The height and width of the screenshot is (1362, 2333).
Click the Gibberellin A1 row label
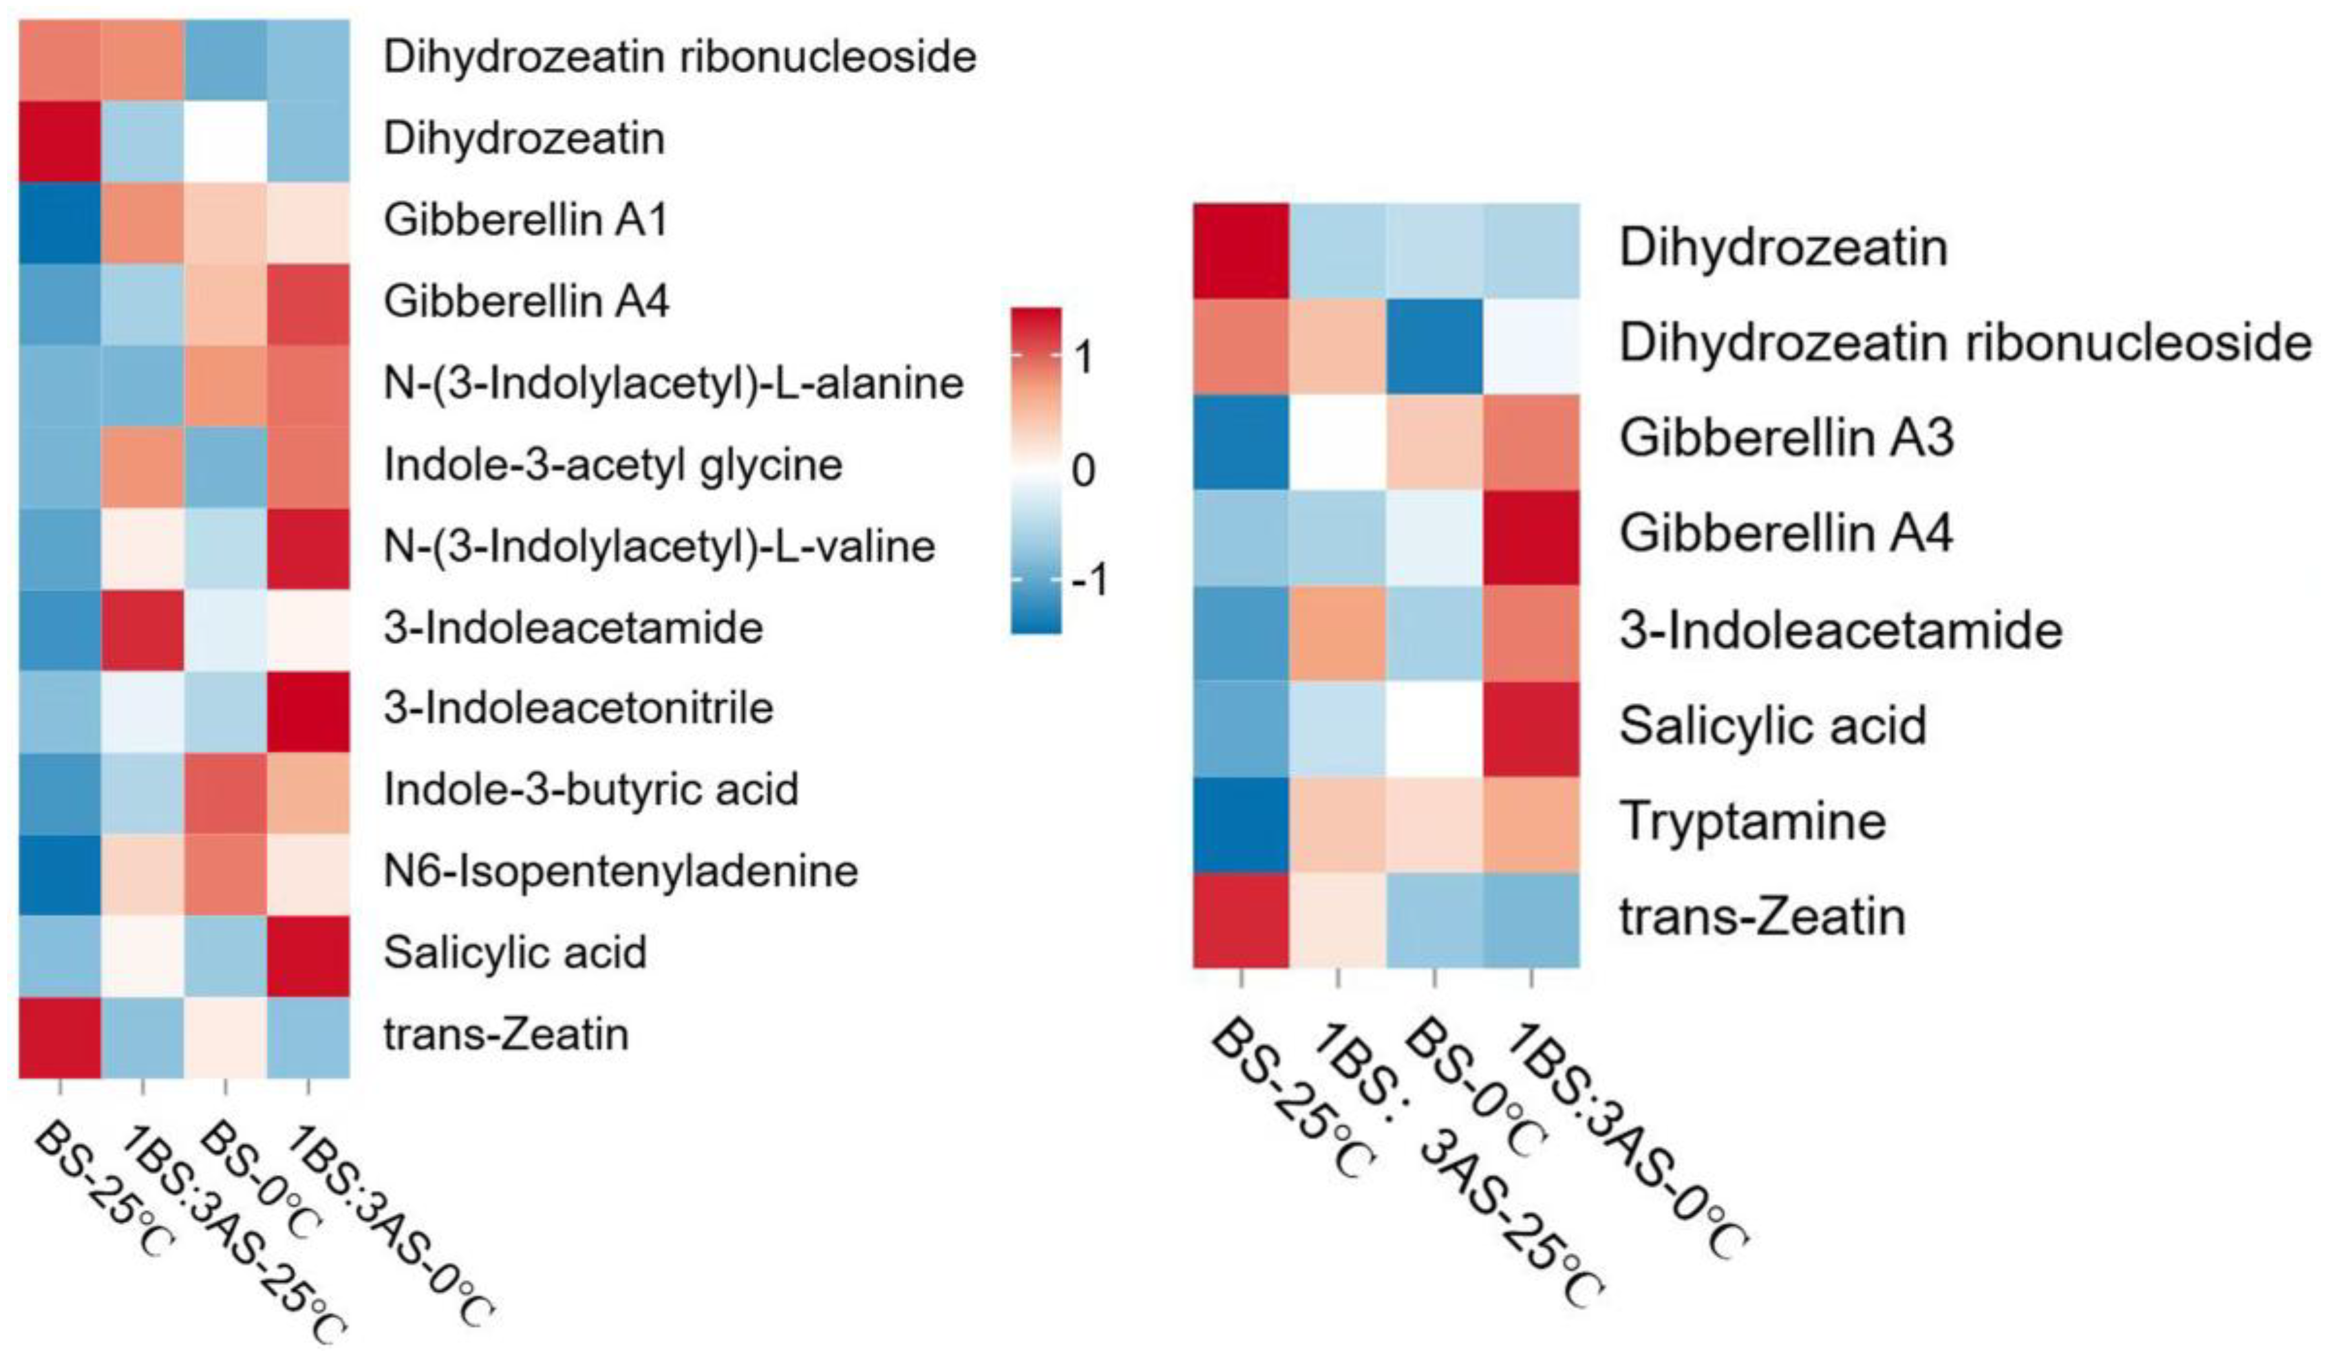[525, 221]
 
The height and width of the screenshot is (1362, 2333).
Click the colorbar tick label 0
[1081, 470]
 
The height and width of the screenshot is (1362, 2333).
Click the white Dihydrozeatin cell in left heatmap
[225, 140]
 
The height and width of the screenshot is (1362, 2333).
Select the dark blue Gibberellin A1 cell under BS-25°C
[59, 221]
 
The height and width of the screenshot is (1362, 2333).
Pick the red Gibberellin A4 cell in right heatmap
[1531, 537]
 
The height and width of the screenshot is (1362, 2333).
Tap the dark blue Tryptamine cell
[1241, 824]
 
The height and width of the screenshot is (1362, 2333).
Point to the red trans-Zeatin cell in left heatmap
[59, 1036]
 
